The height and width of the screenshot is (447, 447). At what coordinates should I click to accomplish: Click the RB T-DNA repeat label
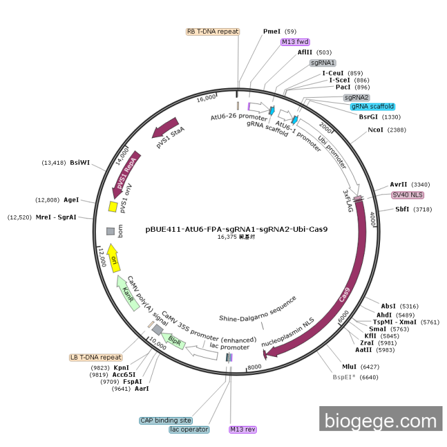pyautogui.click(x=213, y=31)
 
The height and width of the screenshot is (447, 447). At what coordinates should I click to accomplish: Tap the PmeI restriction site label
pyautogui.click(x=272, y=31)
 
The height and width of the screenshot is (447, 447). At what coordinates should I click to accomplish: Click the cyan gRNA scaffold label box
pyautogui.click(x=372, y=107)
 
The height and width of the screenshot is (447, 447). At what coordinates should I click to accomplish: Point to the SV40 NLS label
pyautogui.click(x=407, y=195)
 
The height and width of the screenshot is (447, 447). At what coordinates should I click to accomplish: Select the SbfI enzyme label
pyautogui.click(x=402, y=209)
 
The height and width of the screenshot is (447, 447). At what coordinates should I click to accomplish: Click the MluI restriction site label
pyautogui.click(x=349, y=367)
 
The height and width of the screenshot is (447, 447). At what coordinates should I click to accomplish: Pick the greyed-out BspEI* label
pyautogui.click(x=345, y=377)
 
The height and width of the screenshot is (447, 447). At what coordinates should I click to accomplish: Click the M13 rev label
pyautogui.click(x=243, y=429)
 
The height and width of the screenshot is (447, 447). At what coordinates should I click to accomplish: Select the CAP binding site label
pyautogui.click(x=166, y=420)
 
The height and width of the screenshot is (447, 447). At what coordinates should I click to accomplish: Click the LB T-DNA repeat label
pyautogui.click(x=96, y=358)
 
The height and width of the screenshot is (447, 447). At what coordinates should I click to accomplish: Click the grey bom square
pyautogui.click(x=110, y=231)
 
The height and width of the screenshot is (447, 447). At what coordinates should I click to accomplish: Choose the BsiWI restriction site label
pyautogui.click(x=80, y=162)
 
